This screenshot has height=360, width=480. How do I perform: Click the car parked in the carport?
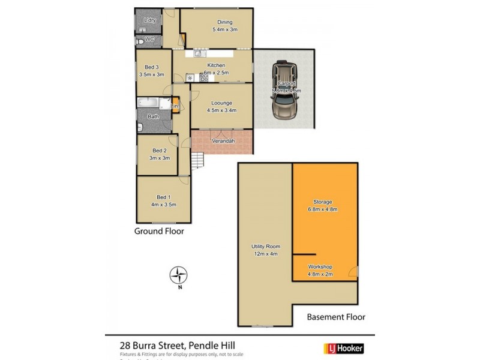tap(284, 91)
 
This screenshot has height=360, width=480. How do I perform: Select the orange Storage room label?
tap(322, 202)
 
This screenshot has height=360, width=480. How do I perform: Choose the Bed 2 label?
tap(159, 151)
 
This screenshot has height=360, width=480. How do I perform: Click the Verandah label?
tap(222, 142)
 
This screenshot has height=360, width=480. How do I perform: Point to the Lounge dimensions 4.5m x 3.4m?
tap(221, 110)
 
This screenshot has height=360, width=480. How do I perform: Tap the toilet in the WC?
tap(139, 41)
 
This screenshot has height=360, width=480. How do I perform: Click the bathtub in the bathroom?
tap(151, 103)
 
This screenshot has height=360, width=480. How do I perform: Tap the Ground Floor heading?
tap(159, 231)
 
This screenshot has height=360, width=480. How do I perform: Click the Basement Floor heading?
tap(336, 317)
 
